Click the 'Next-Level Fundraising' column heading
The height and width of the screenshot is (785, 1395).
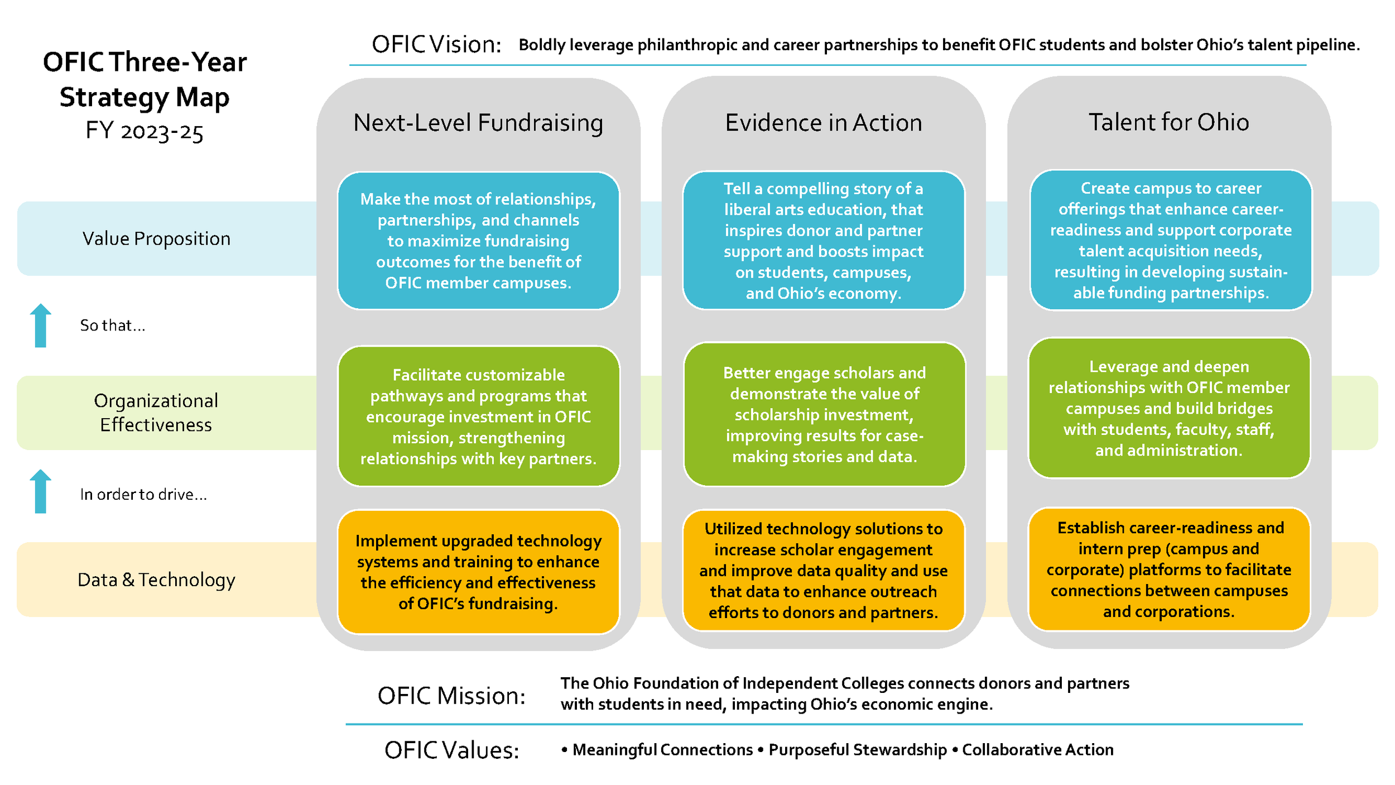pos(478,123)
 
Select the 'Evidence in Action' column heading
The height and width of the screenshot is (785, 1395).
pos(823,123)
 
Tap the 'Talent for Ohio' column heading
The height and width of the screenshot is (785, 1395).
pos(1168,122)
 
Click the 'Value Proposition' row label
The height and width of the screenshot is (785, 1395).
pos(156,238)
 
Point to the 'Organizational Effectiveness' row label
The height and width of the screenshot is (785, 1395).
pos(156,413)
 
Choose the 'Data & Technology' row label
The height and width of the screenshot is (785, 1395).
pos(156,580)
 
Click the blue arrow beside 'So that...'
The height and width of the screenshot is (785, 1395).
pos(40,326)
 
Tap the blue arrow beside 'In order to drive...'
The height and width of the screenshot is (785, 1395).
pos(40,491)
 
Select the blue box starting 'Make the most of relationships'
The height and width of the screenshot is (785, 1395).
pos(478,241)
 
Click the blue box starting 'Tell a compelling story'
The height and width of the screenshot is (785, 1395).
pos(823,241)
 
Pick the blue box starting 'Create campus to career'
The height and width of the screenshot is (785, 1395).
pos(1170,240)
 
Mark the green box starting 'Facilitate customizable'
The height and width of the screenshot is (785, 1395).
pos(478,417)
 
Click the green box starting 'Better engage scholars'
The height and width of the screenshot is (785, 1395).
pos(824,414)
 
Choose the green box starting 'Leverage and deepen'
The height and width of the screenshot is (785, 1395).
pos(1168,408)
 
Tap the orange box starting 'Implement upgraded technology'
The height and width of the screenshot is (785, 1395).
pos(478,572)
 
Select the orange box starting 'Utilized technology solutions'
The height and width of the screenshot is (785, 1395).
pos(823,570)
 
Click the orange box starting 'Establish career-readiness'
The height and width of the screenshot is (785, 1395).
pos(1168,569)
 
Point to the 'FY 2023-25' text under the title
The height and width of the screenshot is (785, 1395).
pos(145,132)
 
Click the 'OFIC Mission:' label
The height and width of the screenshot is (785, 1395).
pos(451,696)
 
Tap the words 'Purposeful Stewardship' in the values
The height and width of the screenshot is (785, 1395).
pos(857,749)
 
